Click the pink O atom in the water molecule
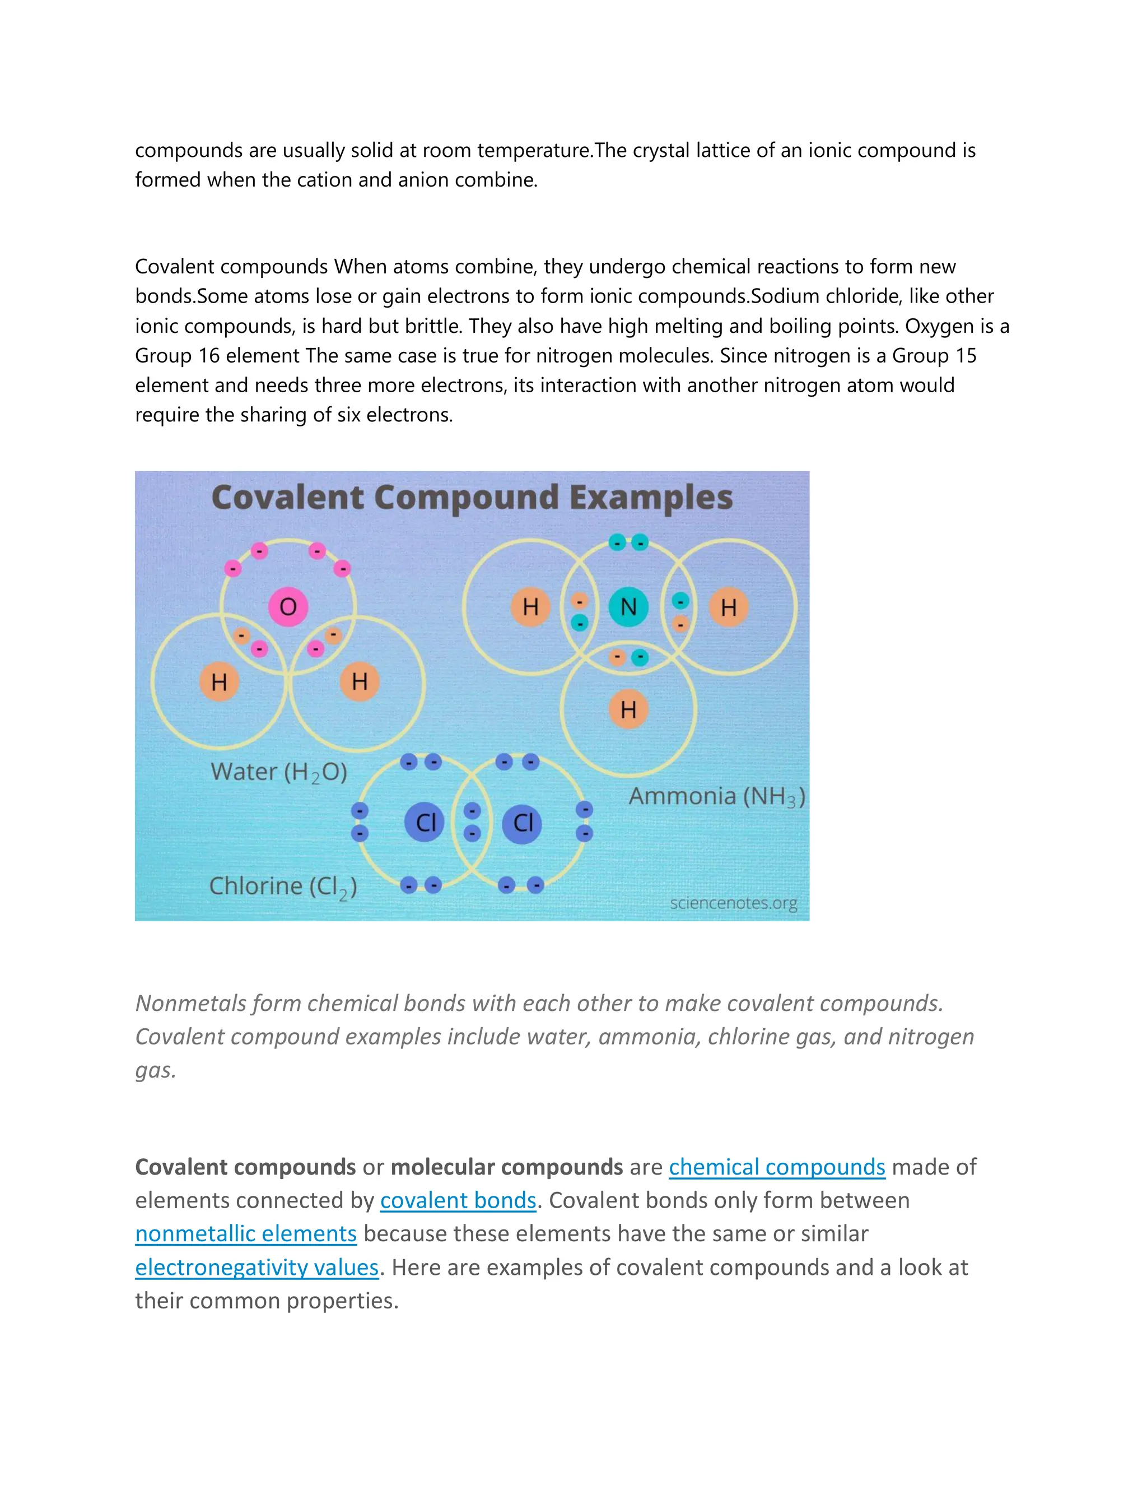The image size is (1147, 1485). click(288, 606)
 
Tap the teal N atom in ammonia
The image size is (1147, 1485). click(628, 606)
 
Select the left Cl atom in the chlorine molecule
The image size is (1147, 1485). click(425, 823)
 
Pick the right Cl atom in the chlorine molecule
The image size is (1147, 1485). click(523, 823)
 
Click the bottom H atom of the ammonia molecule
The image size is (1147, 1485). click(628, 709)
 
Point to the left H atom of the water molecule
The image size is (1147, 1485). click(219, 681)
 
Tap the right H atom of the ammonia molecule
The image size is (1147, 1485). click(729, 606)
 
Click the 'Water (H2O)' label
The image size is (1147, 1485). click(278, 772)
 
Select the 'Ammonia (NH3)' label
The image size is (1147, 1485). click(717, 796)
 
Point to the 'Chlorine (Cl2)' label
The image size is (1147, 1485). click(283, 887)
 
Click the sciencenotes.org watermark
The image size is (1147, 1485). click(733, 903)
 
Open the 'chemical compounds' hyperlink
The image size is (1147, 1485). click(777, 1167)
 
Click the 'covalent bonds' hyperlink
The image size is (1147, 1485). click(458, 1200)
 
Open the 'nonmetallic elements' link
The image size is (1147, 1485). click(246, 1233)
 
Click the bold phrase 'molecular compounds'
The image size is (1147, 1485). click(506, 1167)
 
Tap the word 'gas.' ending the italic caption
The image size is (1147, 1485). click(156, 1070)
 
